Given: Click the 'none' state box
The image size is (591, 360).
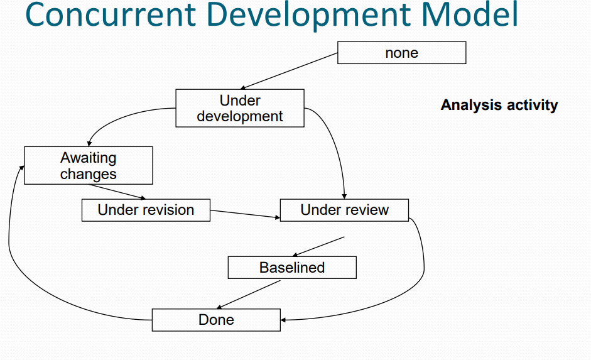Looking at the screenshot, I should (x=401, y=53).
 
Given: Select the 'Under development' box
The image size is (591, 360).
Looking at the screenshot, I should (x=239, y=109).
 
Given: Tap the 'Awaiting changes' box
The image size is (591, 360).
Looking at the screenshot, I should (x=88, y=166).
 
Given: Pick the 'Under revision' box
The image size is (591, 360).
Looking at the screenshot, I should (x=146, y=210).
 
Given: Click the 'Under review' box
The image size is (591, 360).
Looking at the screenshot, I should (x=344, y=210).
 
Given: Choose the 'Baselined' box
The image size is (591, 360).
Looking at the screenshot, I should (x=291, y=268).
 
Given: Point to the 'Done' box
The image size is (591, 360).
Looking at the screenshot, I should (x=216, y=320).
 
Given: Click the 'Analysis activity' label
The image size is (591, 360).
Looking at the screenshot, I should (x=499, y=105).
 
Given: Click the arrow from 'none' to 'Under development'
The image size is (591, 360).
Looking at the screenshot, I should (x=290, y=71).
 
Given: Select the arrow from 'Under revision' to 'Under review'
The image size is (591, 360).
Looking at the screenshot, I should (x=245, y=214).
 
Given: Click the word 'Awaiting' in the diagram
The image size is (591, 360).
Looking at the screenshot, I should (x=88, y=158).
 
